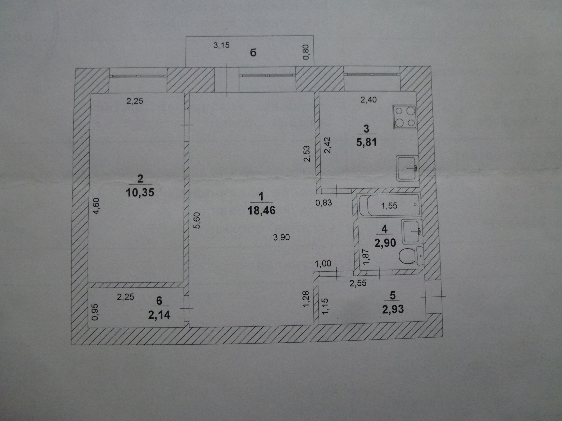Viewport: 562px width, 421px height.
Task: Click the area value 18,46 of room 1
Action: point(261,210)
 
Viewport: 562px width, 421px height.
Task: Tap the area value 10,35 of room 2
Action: point(140,193)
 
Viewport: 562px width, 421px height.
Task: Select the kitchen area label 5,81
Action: point(366,142)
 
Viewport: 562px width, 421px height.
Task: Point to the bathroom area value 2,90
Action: point(385,243)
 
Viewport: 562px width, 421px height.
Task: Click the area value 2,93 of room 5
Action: point(393,309)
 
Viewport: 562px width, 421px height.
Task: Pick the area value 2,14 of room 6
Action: point(159,315)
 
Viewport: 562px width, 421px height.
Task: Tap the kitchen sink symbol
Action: point(407,168)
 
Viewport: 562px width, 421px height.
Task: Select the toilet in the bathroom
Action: point(410,255)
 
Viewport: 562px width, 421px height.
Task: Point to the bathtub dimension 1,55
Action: point(389,206)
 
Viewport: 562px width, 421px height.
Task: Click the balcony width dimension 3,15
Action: point(221,45)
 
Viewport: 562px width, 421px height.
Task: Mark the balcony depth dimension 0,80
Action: point(306,52)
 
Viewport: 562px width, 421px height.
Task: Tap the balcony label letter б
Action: point(253,53)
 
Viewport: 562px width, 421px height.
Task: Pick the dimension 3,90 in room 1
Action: point(281,237)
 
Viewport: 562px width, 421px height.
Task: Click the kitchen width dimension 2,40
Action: point(369,100)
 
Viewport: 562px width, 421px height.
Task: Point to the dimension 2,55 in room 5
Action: point(358,283)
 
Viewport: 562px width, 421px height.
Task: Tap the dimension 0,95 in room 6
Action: point(95,312)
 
